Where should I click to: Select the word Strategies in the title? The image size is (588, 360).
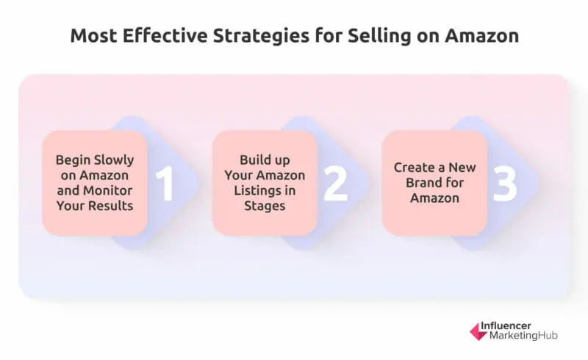point(251,36)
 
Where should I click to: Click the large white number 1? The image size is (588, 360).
point(165,184)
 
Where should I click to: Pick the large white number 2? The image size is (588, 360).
point(335,184)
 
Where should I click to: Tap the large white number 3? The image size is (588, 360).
point(505,184)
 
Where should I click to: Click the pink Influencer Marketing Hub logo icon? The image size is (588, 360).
point(478,331)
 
